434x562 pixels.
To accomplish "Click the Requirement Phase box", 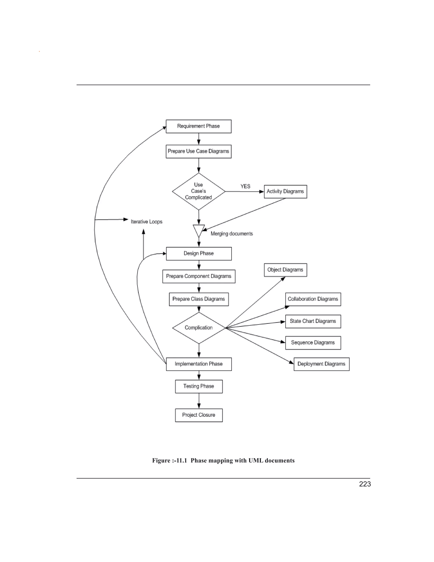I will (199, 126).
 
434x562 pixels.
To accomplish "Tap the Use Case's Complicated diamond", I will (199, 191).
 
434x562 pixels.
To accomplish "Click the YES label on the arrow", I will (245, 186).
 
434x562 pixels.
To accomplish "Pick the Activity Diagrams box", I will (285, 192).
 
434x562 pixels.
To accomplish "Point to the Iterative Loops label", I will (147, 222).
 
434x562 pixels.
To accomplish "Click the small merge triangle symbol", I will (199, 230).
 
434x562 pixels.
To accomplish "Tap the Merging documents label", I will (232, 234).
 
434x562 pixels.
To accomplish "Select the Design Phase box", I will (199, 253).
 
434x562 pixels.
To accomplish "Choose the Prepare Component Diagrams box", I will (199, 276).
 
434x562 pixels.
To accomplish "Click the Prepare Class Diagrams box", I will (199, 299).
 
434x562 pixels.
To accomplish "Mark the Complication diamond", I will (199, 328).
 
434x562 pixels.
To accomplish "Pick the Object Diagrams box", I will (285, 270).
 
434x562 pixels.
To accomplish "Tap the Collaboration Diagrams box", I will (313, 299).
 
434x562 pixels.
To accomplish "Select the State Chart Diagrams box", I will (313, 321).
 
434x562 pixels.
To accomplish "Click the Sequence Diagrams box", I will (313, 343).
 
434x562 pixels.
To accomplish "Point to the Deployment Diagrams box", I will (321, 364).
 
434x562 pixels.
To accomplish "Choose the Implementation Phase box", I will (199, 364).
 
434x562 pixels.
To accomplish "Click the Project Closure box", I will (199, 415).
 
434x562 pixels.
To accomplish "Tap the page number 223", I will (365, 484).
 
